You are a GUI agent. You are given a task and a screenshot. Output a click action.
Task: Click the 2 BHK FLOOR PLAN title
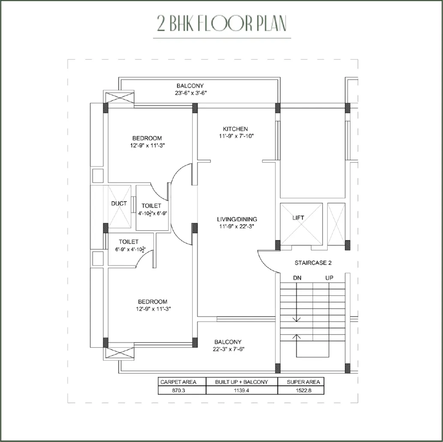[x=222, y=23]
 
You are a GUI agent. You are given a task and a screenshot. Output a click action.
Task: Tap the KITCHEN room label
[x=235, y=129]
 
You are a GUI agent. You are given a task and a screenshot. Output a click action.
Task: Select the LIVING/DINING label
[x=237, y=219]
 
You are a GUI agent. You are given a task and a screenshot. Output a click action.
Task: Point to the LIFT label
[x=298, y=218]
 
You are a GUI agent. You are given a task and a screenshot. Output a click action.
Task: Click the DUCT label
[x=119, y=203]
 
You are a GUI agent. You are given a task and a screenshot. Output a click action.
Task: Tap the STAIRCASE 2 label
[x=313, y=263]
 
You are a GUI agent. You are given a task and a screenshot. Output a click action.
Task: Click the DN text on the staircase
[x=297, y=278]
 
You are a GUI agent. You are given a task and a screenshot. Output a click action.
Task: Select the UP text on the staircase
[x=329, y=278]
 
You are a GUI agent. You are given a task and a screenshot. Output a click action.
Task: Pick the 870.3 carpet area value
[x=178, y=391]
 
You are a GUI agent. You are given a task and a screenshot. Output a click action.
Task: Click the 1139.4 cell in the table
[x=241, y=391]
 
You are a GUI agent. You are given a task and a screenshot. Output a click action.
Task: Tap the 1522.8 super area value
[x=304, y=391]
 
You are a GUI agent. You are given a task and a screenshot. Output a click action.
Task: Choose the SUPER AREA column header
[x=304, y=382]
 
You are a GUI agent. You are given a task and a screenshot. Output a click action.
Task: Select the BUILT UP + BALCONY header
[x=241, y=382]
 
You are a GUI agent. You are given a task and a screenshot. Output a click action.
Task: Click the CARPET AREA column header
[x=178, y=382]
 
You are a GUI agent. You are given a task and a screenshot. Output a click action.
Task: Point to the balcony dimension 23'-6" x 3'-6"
[x=191, y=93]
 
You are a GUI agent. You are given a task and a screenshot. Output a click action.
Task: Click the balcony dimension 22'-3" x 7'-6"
[x=229, y=349]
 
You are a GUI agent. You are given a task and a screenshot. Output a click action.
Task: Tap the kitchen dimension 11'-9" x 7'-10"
[x=236, y=136]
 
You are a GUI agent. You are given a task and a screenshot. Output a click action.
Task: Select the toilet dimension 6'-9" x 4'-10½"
[x=130, y=250]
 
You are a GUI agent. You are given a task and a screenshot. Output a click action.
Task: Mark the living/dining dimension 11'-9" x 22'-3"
[x=237, y=226]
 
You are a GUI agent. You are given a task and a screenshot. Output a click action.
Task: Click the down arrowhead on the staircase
[x=296, y=320]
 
